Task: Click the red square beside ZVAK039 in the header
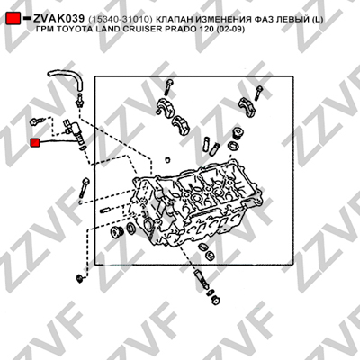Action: pos(13,18)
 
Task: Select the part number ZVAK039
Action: pos(58,19)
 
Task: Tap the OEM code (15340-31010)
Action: pos(121,20)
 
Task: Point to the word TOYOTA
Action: pos(71,30)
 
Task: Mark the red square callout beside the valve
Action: pos(36,143)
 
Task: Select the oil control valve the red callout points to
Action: pos(75,133)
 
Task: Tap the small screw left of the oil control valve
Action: pos(36,121)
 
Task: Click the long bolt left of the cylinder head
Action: pos(84,188)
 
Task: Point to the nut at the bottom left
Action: pos(80,278)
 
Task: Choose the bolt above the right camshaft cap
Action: pos(258,93)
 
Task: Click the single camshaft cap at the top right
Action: pos(246,107)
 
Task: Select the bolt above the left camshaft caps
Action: pos(168,87)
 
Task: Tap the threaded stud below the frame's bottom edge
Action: pos(202,279)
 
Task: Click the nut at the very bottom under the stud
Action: pos(215,301)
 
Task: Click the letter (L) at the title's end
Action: pos(318,20)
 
